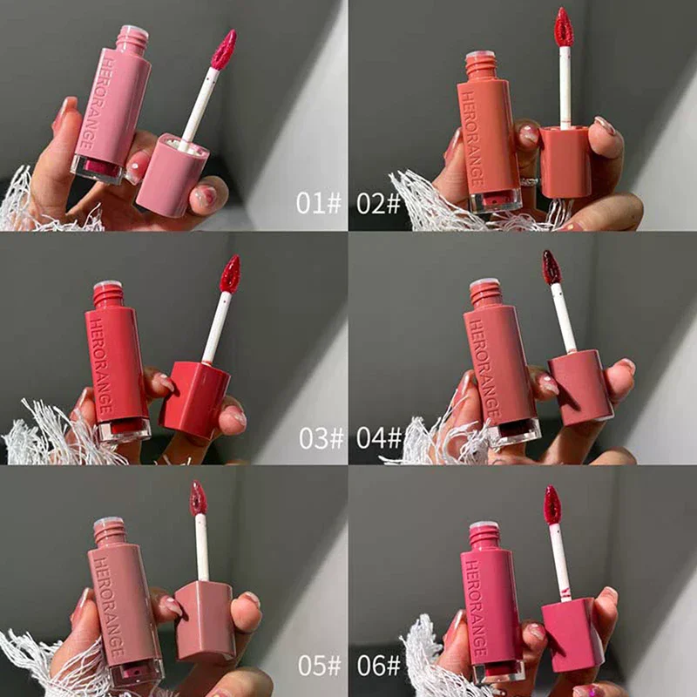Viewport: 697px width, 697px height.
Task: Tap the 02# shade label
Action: pos(378,203)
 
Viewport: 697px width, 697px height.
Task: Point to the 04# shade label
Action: pos(378,436)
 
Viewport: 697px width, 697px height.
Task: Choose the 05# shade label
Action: pos(319,665)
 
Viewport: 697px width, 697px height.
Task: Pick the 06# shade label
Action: pos(378,665)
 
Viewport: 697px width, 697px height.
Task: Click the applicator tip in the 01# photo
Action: pos(224,50)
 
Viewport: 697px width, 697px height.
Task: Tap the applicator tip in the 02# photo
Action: pos(563,27)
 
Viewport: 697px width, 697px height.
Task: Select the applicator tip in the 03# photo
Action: pos(230,274)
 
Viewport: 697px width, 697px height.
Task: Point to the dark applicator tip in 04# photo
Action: pos(552,267)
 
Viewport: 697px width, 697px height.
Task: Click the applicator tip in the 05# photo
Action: pos(199,497)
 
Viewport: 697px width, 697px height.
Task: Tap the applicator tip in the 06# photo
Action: pos(552,504)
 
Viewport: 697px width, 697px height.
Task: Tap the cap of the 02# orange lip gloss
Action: pos(565,161)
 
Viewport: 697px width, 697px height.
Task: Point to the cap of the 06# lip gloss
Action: pos(572,633)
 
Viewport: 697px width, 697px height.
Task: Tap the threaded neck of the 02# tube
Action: pos(481,64)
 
